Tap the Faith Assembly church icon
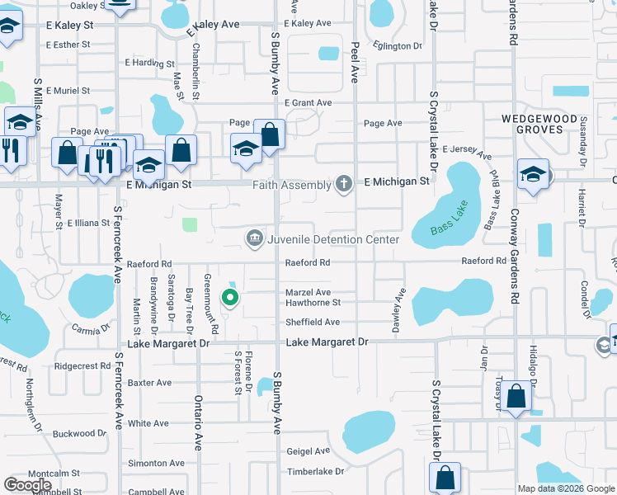(x=344, y=184)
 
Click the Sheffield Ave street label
(x=313, y=323)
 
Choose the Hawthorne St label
(x=313, y=303)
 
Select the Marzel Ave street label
(x=308, y=292)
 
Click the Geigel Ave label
(x=308, y=451)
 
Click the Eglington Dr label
(x=398, y=46)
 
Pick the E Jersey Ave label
(x=467, y=153)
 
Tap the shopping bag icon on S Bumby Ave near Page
(x=269, y=134)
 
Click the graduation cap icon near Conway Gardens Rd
(x=534, y=173)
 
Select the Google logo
(x=27, y=485)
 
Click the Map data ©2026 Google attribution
(x=565, y=488)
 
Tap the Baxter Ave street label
(x=149, y=383)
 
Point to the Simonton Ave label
(x=148, y=464)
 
